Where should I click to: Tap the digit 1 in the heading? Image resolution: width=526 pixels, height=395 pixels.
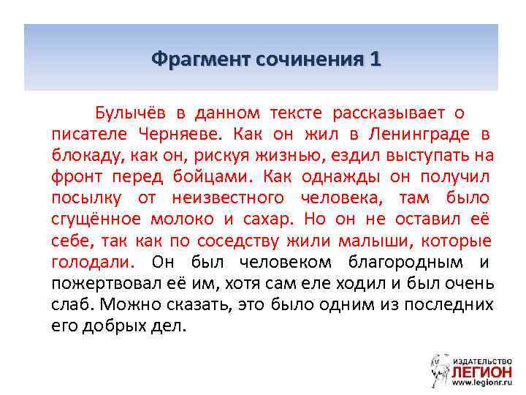(x=376, y=58)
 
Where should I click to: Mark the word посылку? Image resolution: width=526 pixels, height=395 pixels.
(x=84, y=198)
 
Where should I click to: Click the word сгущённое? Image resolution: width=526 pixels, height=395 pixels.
(x=96, y=219)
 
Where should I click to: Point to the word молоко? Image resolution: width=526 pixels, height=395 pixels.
(x=182, y=219)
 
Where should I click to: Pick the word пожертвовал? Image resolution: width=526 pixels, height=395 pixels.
(x=102, y=283)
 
